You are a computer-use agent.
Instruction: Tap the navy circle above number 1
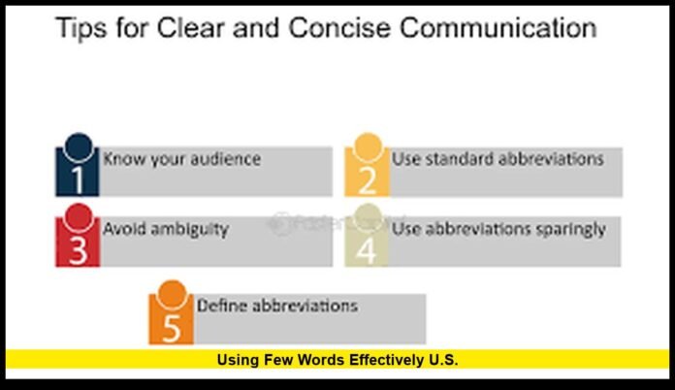[79, 146]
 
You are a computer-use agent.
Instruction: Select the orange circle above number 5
[172, 292]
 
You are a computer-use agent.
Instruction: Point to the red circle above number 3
[79, 215]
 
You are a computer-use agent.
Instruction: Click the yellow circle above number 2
[367, 146]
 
